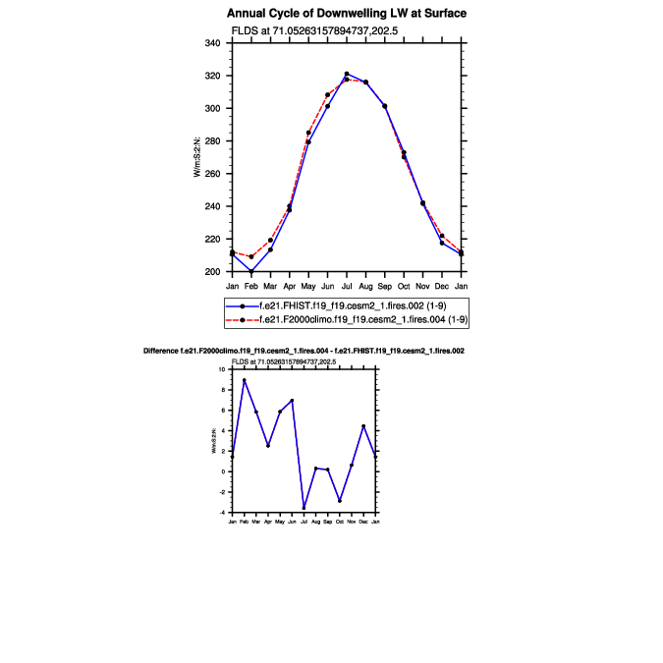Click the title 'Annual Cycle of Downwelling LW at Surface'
pos(347,14)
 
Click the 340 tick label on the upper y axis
pos(212,43)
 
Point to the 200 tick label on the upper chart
pos(212,272)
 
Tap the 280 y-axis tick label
pos(212,141)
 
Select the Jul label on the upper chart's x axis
pos(347,285)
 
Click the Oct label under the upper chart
pos(404,285)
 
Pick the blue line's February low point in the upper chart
pos(251,271)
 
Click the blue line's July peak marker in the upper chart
pos(347,74)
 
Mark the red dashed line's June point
pos(328,95)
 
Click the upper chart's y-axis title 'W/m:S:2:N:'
pos(197,157)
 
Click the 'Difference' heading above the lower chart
pos(304,351)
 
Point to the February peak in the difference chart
pos(245,380)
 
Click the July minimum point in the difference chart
pos(304,507)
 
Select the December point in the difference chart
pos(363,426)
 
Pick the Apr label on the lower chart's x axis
pos(268,521)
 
